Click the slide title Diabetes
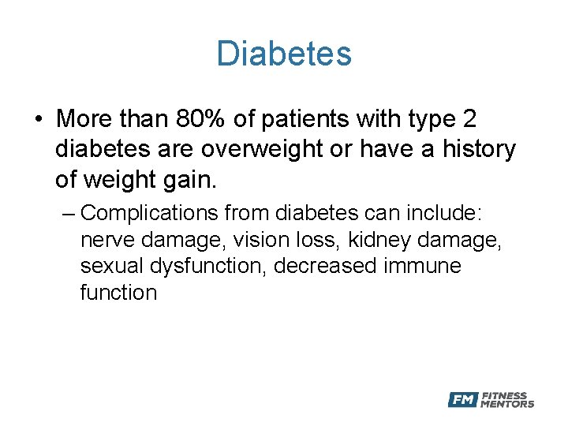pyautogui.click(x=284, y=54)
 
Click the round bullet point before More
pyautogui.click(x=38, y=120)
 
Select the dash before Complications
pyautogui.click(x=70, y=213)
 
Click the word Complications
pyautogui.click(x=149, y=213)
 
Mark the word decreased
pyautogui.click(x=326, y=266)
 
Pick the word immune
pyautogui.click(x=423, y=266)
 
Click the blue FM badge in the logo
pyautogui.click(x=462, y=400)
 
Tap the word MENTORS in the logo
pyautogui.click(x=507, y=405)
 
